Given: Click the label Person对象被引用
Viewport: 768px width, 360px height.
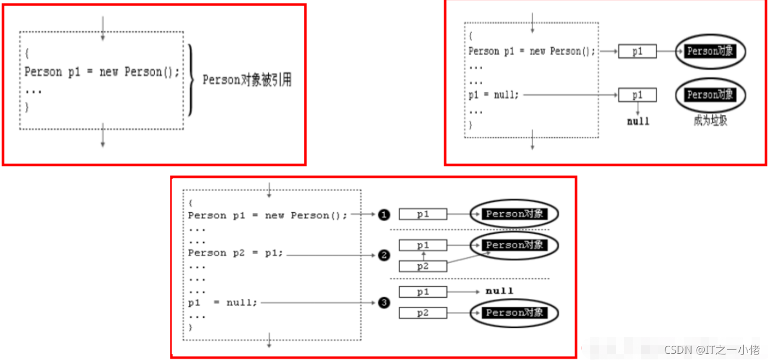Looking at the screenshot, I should click(247, 80).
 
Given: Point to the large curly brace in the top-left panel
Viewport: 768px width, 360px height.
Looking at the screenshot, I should click(192, 80).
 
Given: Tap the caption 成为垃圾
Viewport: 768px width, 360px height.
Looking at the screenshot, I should click(710, 120).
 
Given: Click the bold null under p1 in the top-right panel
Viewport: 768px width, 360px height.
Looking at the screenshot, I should click(638, 121).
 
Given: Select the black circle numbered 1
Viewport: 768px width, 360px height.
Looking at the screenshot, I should click(384, 215).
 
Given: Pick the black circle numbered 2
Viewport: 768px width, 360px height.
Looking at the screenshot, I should click(384, 255).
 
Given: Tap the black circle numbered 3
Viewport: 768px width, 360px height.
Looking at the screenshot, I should click(384, 303).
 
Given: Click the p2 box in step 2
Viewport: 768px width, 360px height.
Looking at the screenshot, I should click(423, 266).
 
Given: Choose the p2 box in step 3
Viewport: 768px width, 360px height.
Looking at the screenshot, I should click(423, 312).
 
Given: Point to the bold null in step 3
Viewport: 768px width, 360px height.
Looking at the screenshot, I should click(499, 291).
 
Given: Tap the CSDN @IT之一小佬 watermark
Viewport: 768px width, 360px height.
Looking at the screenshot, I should click(711, 350).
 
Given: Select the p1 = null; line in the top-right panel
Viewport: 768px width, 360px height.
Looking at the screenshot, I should click(494, 95).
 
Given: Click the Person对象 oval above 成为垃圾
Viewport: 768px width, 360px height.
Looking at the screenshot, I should click(710, 95).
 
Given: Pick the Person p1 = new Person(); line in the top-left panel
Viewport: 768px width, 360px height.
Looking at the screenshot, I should click(102, 72).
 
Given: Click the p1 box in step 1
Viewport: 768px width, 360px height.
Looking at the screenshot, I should click(423, 214).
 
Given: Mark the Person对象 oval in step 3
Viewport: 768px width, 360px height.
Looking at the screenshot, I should click(514, 312).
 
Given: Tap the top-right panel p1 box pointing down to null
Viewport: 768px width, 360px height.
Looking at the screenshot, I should click(637, 95).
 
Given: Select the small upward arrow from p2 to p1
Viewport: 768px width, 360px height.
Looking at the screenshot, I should click(423, 256).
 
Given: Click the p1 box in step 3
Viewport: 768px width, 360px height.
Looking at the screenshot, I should click(423, 292).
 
